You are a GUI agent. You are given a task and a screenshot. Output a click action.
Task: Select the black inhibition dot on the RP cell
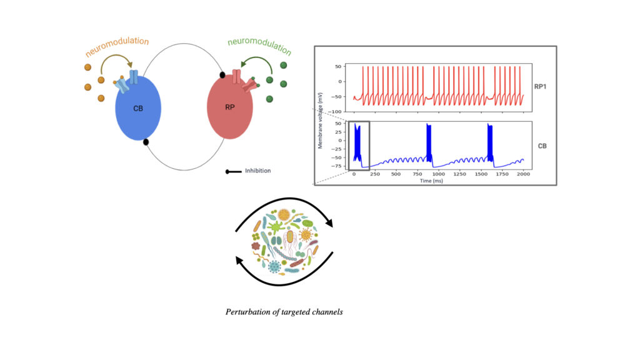tap(222, 76)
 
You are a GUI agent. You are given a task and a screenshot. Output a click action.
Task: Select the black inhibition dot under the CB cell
tap(146, 142)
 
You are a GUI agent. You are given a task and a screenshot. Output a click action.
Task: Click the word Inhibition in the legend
tap(257, 171)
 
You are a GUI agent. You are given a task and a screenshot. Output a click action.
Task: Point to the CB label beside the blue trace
tap(543, 146)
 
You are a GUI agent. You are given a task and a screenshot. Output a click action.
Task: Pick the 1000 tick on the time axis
tap(439, 174)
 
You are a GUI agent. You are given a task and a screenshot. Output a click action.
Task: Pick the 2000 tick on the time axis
tap(523, 174)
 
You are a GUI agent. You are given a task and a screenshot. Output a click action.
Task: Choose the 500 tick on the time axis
tap(396, 174)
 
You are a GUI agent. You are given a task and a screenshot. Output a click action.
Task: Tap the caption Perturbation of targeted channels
tap(284, 311)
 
